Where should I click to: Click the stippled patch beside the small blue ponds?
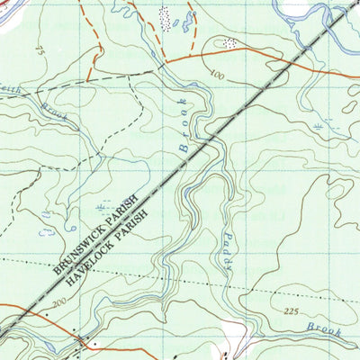pos(164,15)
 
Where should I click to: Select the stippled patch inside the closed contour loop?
pos(229,42)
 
